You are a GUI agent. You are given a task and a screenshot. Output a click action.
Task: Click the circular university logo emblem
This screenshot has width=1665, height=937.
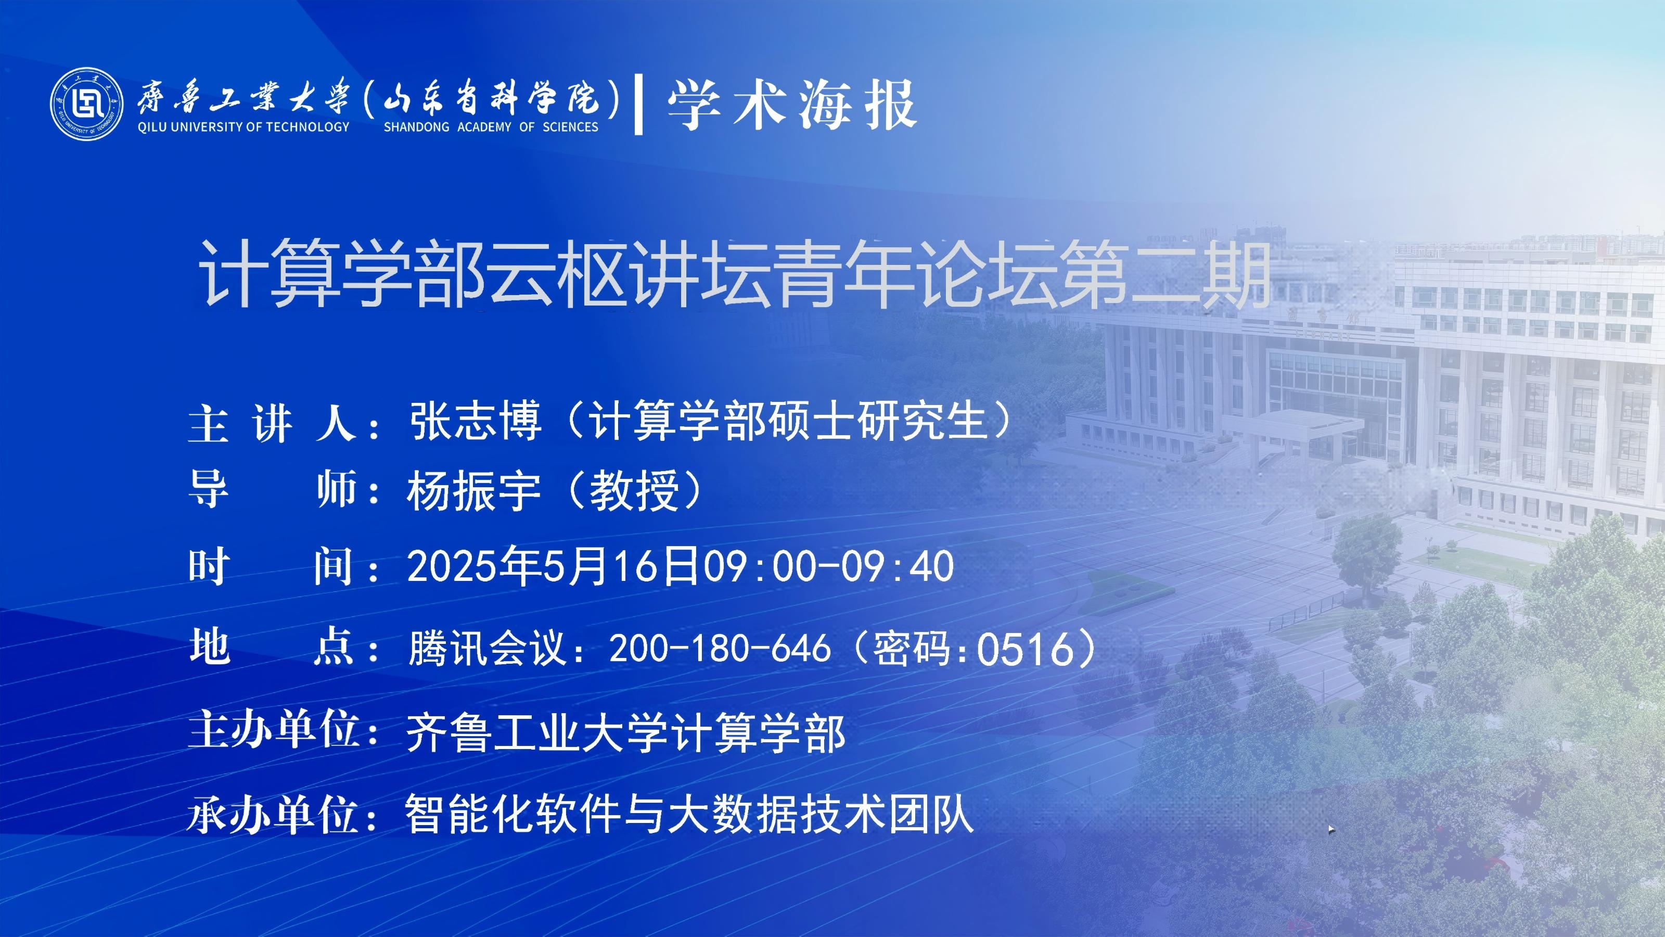(x=86, y=104)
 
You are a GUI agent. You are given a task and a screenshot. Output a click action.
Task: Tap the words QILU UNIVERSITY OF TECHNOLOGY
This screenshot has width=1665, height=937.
(x=244, y=126)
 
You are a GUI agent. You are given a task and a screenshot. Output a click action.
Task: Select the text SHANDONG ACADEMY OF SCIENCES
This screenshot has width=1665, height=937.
(x=491, y=126)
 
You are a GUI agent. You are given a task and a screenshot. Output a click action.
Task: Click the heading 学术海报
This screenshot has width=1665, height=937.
(x=792, y=105)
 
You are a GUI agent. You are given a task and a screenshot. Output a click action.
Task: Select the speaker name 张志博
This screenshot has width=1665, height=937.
(x=476, y=421)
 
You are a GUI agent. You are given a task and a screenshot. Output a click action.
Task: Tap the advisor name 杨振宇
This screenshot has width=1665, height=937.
(x=474, y=490)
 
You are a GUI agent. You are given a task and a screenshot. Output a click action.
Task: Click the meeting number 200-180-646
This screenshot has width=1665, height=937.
(x=720, y=648)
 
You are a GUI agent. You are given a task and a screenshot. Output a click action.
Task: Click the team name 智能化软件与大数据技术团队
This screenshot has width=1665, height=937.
(x=689, y=815)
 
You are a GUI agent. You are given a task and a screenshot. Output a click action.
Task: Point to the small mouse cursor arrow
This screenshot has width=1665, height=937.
(x=1331, y=830)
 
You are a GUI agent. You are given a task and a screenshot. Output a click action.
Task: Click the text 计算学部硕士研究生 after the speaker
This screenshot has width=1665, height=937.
(x=787, y=421)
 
